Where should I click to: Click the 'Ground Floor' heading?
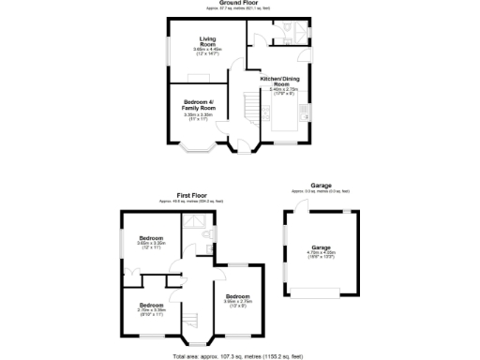click(239, 3)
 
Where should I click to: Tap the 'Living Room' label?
click(208, 40)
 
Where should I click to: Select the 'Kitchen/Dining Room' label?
click(280, 82)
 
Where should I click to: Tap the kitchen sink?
click(303, 113)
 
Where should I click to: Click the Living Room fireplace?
click(199, 79)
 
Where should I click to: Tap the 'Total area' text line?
click(238, 356)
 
